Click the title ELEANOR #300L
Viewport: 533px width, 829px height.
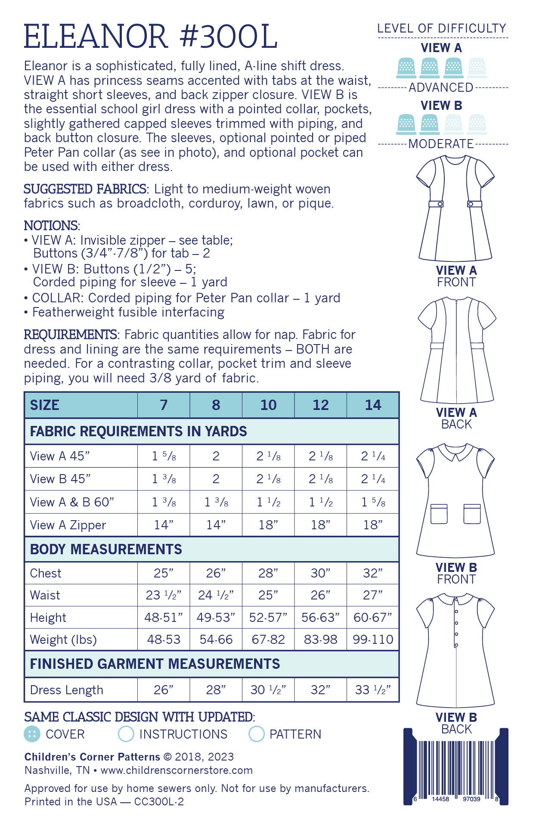[150, 37]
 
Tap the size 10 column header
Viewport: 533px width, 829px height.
[268, 405]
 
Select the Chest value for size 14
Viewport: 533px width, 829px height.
[373, 573]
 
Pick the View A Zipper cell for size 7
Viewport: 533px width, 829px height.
[164, 525]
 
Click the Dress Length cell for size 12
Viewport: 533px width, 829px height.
[320, 690]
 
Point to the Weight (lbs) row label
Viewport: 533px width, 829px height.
[63, 640]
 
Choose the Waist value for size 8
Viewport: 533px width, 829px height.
[216, 595]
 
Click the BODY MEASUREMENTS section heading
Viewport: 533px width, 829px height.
[106, 550]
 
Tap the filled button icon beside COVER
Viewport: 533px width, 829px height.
[32, 734]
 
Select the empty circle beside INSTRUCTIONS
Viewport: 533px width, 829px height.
[126, 734]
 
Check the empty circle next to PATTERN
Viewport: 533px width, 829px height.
[257, 734]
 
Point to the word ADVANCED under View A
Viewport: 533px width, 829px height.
[441, 88]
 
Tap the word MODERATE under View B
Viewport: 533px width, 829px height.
[441, 144]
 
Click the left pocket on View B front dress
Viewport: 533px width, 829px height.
[439, 513]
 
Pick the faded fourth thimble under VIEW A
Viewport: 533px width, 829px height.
[477, 68]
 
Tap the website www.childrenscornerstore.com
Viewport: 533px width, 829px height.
[177, 770]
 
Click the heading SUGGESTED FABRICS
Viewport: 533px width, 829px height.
[85, 189]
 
